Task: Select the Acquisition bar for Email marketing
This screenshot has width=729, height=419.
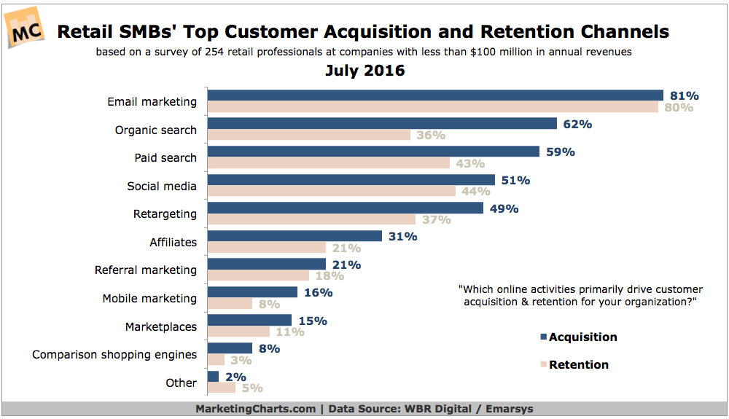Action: (435, 95)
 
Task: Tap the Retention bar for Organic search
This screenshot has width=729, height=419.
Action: (309, 135)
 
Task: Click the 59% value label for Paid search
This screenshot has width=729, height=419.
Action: (561, 152)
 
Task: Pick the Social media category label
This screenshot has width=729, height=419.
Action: (162, 186)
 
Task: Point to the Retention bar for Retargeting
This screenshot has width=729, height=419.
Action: (311, 219)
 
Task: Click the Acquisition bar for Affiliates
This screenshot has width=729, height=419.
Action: (295, 236)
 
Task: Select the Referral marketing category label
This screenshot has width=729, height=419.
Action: (146, 270)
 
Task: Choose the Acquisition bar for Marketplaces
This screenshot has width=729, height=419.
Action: (249, 320)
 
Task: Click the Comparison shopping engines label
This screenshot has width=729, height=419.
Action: (114, 354)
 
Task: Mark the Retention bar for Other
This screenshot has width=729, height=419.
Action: (222, 388)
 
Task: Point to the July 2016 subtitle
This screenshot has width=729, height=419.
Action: (364, 71)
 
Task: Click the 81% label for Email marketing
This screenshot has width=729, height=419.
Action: (685, 95)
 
